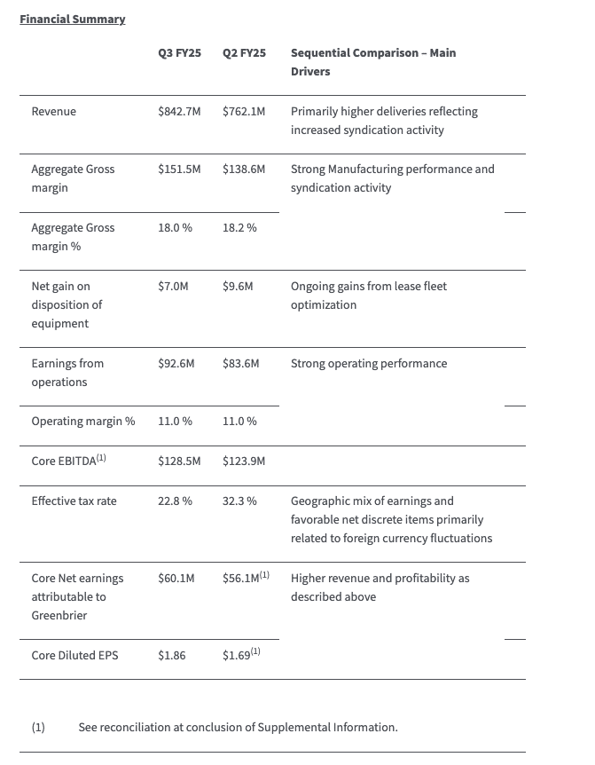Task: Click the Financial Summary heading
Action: pyautogui.click(x=72, y=19)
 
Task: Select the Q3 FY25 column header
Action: pyautogui.click(x=179, y=53)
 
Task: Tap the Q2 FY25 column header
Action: pyautogui.click(x=244, y=53)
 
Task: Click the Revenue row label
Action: pyautogui.click(x=53, y=112)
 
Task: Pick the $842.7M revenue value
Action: pyautogui.click(x=179, y=112)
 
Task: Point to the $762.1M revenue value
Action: pyautogui.click(x=244, y=112)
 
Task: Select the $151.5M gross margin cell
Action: pyautogui.click(x=179, y=170)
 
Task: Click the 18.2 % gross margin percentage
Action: pyautogui.click(x=239, y=228)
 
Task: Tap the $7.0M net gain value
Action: pyautogui.click(x=173, y=287)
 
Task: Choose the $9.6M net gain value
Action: pyautogui.click(x=238, y=287)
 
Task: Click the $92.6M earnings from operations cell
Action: pyautogui.click(x=176, y=364)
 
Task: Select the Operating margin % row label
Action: pyautogui.click(x=83, y=422)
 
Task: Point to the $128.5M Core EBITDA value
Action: pyautogui.click(x=179, y=461)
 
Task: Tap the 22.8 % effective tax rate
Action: pyautogui.click(x=175, y=501)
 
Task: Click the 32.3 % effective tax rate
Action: pyautogui.click(x=239, y=501)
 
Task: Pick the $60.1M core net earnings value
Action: pyautogui.click(x=176, y=579)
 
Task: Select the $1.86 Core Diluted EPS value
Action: pyautogui.click(x=172, y=656)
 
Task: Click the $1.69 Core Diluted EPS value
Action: pyautogui.click(x=237, y=656)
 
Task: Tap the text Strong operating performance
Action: pyautogui.click(x=369, y=364)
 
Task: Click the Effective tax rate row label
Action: pyautogui.click(x=74, y=501)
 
